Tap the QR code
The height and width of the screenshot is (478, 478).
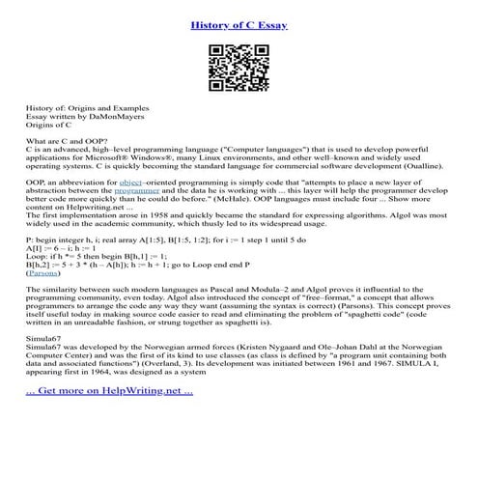[x=239, y=67]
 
